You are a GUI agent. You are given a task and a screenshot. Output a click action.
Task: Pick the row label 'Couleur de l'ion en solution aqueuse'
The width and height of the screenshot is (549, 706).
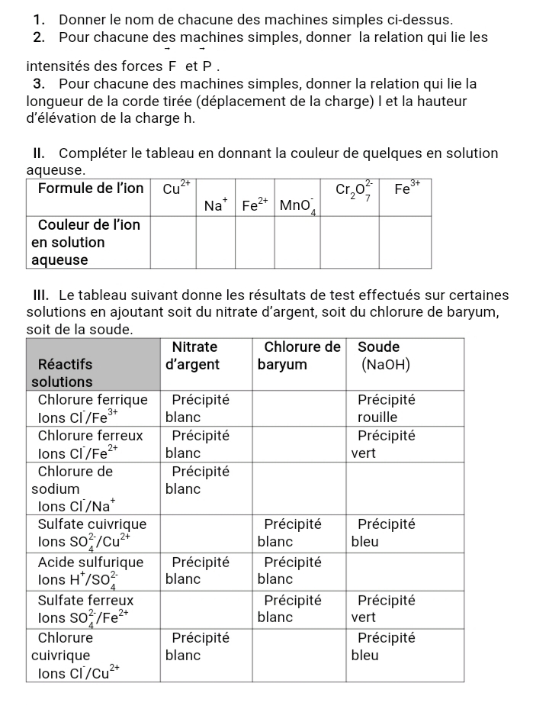(x=86, y=242)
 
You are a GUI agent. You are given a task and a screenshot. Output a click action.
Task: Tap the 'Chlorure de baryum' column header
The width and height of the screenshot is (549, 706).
(x=300, y=356)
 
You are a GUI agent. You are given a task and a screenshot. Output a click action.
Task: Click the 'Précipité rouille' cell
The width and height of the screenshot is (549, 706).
(x=384, y=408)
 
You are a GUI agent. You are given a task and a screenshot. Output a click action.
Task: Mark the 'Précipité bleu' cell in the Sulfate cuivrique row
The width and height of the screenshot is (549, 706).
(x=384, y=534)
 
